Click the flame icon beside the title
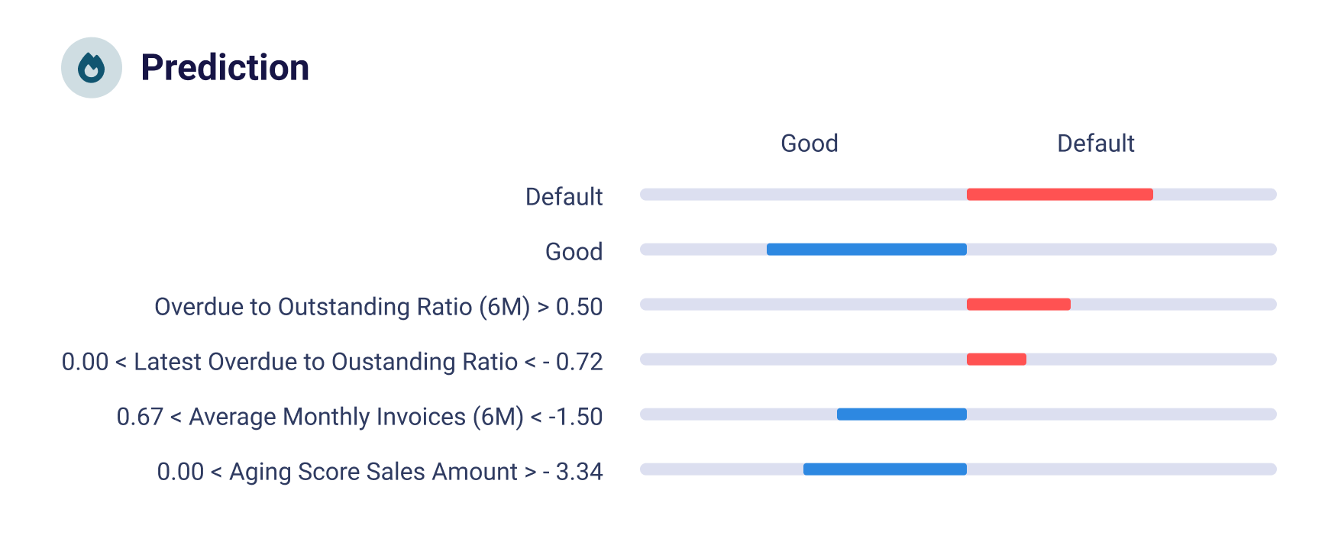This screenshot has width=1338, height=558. (92, 68)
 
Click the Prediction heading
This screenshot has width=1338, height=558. (225, 68)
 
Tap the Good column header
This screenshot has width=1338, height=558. (809, 144)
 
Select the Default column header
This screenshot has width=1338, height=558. (1095, 144)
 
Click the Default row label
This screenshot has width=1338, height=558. (564, 197)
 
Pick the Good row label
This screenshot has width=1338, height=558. (574, 252)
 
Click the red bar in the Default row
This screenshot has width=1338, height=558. (1059, 195)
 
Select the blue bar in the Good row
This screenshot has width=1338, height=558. (866, 250)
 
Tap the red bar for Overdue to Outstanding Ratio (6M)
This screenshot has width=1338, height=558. (1018, 305)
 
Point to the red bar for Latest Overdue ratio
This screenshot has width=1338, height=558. (996, 360)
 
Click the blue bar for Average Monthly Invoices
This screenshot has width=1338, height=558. (901, 414)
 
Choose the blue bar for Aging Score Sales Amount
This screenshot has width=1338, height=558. (884, 469)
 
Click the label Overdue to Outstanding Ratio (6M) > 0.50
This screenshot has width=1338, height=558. (378, 307)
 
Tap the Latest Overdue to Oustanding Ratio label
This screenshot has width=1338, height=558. (332, 362)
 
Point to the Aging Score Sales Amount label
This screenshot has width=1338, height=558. (380, 472)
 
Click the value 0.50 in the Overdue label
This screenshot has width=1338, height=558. (579, 307)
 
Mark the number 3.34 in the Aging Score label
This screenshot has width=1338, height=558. (579, 472)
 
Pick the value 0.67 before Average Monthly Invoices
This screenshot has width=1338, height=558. (140, 417)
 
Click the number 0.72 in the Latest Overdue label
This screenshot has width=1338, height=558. (579, 362)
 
